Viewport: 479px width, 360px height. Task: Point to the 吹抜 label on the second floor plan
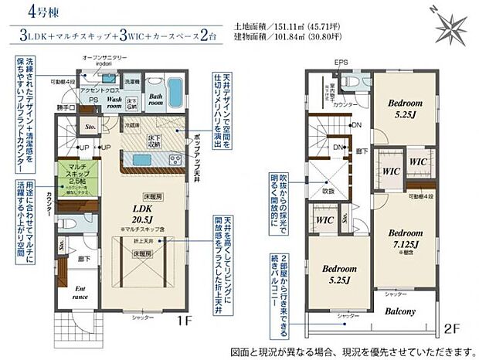click(328, 191)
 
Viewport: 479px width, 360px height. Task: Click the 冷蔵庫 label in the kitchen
click(131, 124)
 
